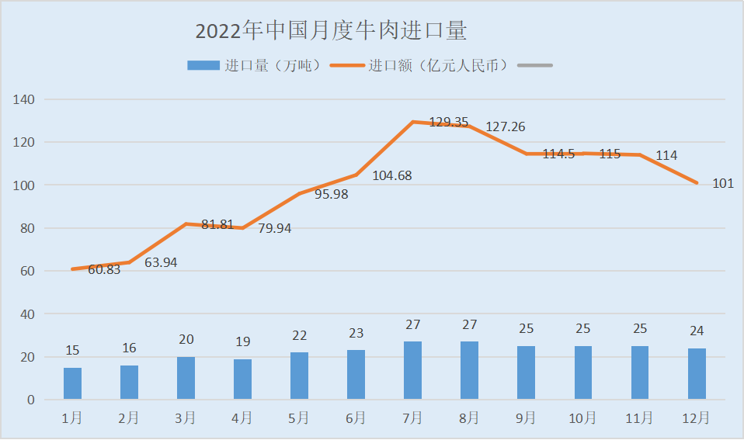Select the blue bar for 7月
click(412, 371)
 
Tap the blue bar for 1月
click(72, 383)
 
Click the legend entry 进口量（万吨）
click(253, 66)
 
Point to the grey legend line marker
click(535, 66)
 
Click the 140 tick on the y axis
click(25, 99)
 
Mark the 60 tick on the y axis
click(27, 271)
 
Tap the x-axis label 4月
click(242, 418)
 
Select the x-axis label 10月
click(582, 418)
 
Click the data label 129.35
click(449, 122)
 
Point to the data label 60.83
click(104, 270)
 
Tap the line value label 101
click(723, 184)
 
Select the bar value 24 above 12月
click(697, 331)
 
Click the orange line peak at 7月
click(412, 122)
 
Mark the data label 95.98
click(332, 194)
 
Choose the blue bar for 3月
click(186, 378)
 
